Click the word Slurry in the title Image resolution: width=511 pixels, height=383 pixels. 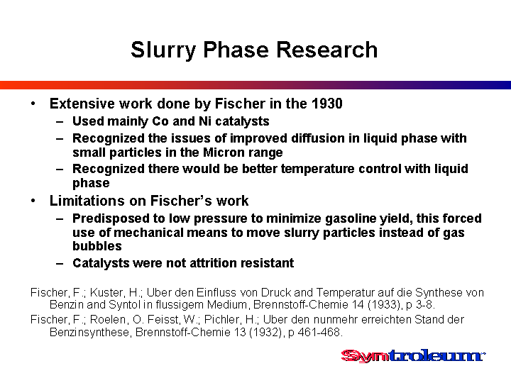pyautogui.click(x=163, y=50)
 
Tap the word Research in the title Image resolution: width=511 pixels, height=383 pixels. pyautogui.click(x=327, y=50)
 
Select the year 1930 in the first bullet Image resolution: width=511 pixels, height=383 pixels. pyautogui.click(x=327, y=104)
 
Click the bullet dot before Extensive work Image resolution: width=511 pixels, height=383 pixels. pyautogui.click(x=33, y=104)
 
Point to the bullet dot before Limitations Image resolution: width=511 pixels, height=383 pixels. pyautogui.click(x=33, y=201)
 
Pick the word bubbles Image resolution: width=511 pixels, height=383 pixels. pyautogui.click(x=97, y=246)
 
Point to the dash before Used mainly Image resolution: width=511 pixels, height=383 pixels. pyautogui.click(x=60, y=122)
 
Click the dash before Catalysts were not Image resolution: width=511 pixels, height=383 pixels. pyautogui.click(x=60, y=263)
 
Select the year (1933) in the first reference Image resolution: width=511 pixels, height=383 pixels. pyautogui.click(x=383, y=305)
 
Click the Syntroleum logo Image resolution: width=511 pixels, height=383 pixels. pyautogui.click(x=413, y=355)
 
